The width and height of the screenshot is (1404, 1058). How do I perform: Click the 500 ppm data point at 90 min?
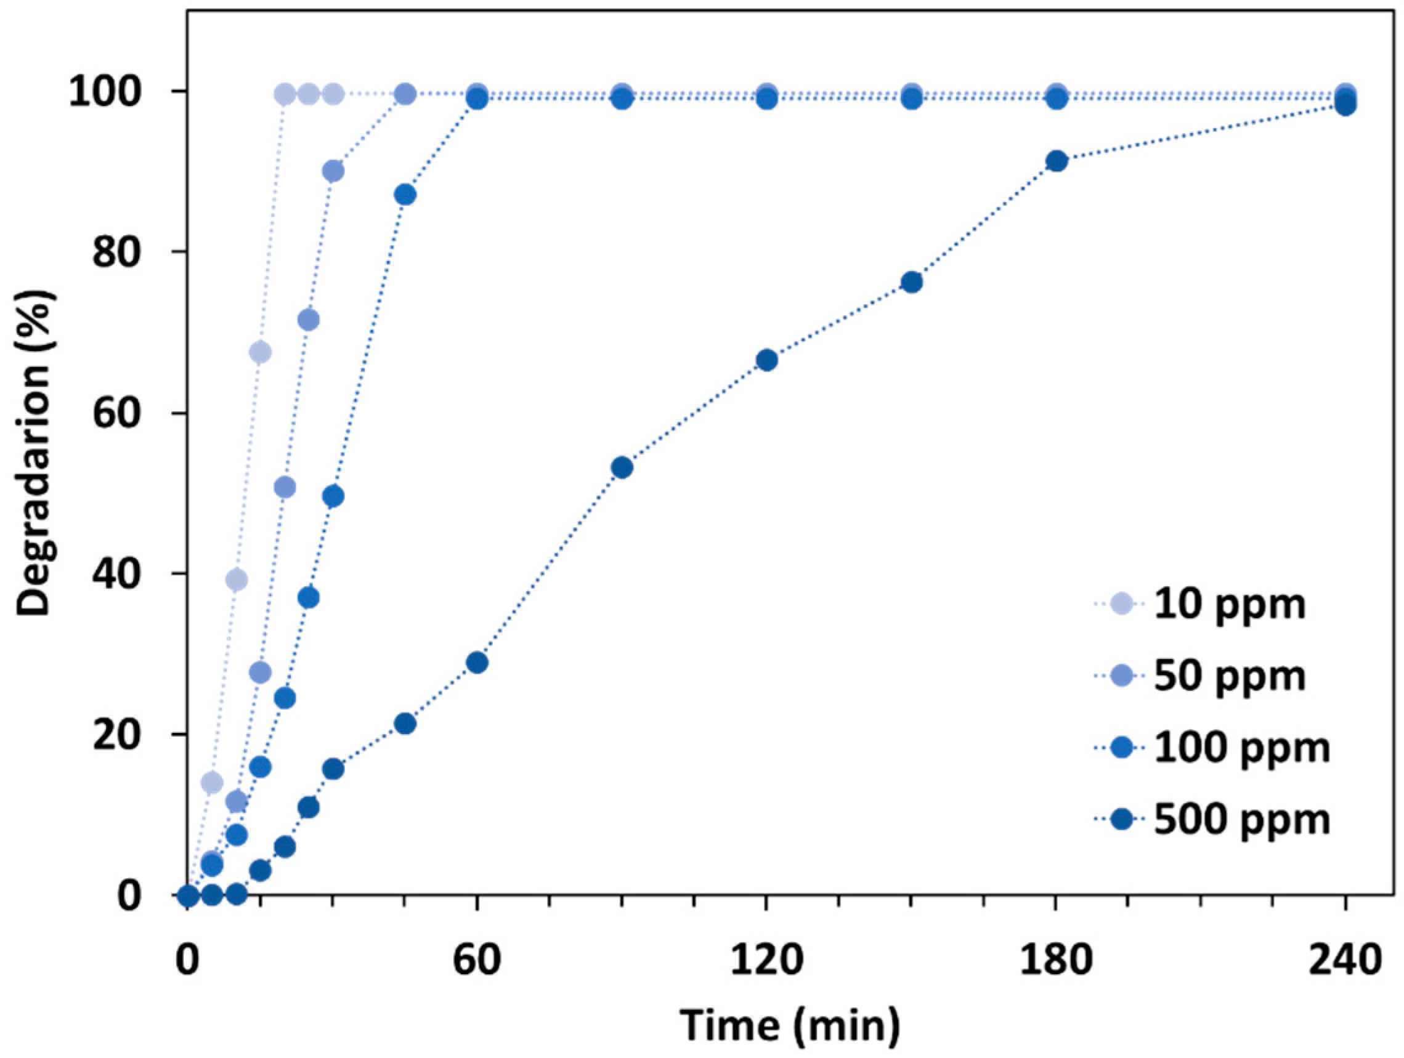622,468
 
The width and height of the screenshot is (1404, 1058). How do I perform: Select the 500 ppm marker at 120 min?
767,360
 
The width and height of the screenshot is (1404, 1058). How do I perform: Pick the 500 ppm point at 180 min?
1056,161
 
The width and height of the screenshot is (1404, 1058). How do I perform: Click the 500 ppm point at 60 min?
477,663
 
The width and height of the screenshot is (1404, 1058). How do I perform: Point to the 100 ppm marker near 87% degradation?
405,195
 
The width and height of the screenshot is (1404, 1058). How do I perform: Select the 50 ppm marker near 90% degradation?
333,171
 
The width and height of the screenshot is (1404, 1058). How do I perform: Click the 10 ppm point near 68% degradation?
260,352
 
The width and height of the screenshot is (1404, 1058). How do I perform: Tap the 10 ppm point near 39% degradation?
236,579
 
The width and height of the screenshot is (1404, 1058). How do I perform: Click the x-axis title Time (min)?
790,1024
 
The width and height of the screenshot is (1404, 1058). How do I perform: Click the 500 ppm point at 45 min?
405,724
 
